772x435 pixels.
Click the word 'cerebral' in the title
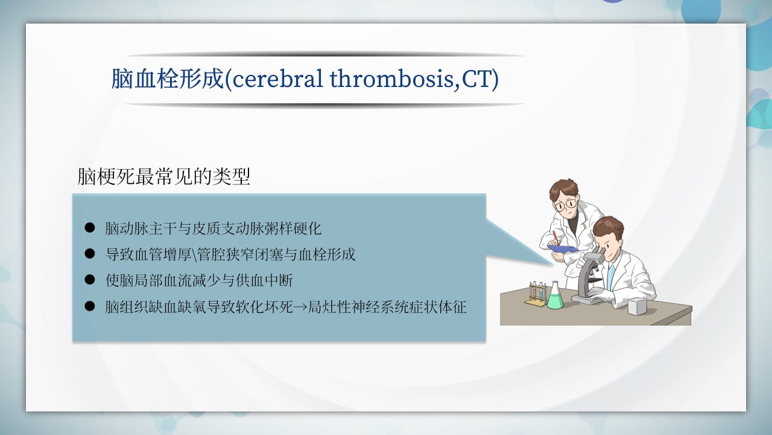tap(278, 79)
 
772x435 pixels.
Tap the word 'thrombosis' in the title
tap(392, 79)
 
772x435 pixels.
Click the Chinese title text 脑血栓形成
tap(168, 79)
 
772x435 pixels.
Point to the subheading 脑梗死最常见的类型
tap(163, 177)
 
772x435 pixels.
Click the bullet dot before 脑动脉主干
tap(90, 228)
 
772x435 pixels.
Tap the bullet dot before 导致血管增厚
tap(90, 254)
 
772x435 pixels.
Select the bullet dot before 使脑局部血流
tap(90, 280)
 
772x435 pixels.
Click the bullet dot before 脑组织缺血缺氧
tap(90, 306)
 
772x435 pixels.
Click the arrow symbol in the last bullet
tap(300, 307)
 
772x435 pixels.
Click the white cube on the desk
tap(638, 306)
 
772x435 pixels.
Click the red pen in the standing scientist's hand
tap(556, 238)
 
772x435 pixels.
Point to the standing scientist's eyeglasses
tap(565, 205)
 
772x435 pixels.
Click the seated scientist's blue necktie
tap(611, 277)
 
